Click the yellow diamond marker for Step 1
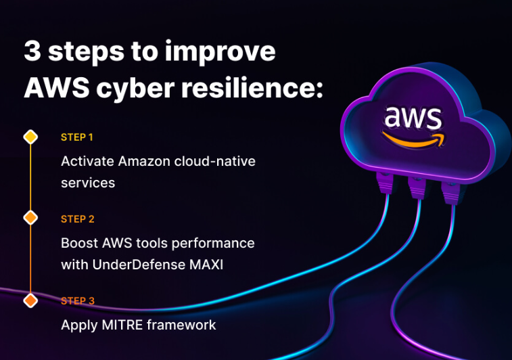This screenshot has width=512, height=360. [30, 137]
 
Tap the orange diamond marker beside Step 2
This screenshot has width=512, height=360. [30, 218]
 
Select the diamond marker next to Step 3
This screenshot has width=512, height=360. [30, 300]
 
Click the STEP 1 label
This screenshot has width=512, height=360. [77, 137]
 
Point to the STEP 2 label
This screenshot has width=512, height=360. [78, 219]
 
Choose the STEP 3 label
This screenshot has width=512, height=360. [78, 300]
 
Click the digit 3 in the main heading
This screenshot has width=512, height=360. [32, 51]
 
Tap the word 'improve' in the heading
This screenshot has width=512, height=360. [220, 52]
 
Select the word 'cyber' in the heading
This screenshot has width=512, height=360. [135, 89]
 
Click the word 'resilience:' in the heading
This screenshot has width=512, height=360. [252, 87]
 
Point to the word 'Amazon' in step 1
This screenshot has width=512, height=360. [144, 161]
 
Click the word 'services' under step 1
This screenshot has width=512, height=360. [88, 183]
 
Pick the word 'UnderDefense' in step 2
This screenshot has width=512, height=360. [138, 265]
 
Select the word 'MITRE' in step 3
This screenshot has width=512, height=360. [122, 325]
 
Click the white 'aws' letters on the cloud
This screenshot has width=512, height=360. [413, 117]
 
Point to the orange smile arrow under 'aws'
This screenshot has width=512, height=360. [413, 140]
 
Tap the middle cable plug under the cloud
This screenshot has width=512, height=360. [417, 187]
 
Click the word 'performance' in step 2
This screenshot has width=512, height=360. [213, 244]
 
